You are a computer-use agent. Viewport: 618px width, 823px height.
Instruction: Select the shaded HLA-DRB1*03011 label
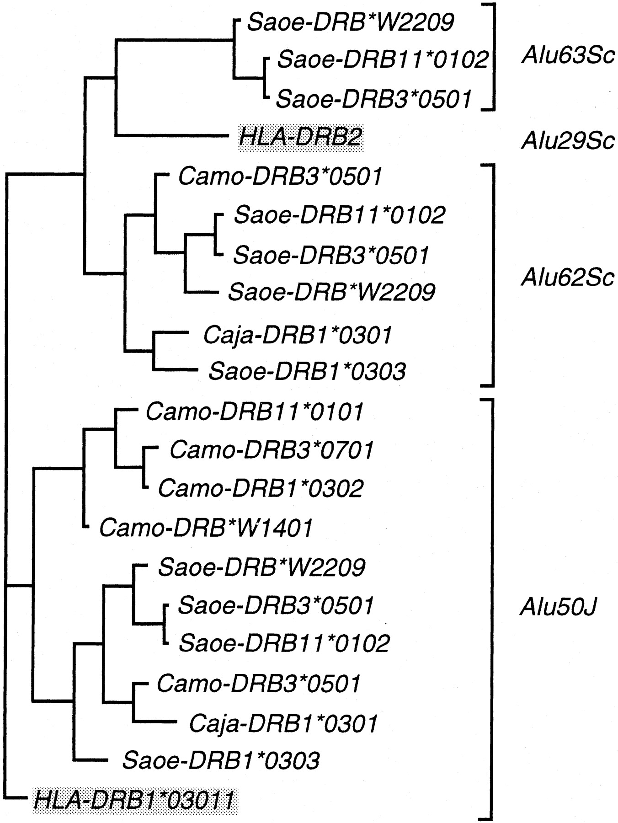[x=135, y=800]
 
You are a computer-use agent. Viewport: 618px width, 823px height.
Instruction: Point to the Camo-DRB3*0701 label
[x=272, y=450]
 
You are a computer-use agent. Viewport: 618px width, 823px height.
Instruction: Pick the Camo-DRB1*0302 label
[x=261, y=488]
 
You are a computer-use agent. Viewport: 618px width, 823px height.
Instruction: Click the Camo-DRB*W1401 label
[x=206, y=528]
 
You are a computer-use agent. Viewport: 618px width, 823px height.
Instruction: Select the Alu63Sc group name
[x=568, y=59]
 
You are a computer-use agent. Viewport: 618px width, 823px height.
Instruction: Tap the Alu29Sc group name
[x=568, y=141]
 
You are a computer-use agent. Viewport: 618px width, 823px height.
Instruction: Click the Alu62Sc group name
[x=568, y=277]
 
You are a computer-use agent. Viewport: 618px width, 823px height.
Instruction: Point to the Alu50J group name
[x=559, y=608]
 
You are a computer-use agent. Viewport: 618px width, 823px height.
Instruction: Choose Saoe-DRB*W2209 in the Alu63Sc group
[x=351, y=22]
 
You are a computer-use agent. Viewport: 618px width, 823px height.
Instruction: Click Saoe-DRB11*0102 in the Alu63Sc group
[x=383, y=59]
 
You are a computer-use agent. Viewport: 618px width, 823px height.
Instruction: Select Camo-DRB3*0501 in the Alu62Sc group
[x=280, y=176]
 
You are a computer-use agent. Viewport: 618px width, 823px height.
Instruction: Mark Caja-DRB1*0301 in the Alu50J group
[x=283, y=723]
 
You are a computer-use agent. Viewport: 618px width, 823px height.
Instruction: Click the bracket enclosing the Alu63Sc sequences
[x=494, y=57]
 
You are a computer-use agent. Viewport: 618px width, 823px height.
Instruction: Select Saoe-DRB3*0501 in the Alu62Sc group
[x=331, y=255]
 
